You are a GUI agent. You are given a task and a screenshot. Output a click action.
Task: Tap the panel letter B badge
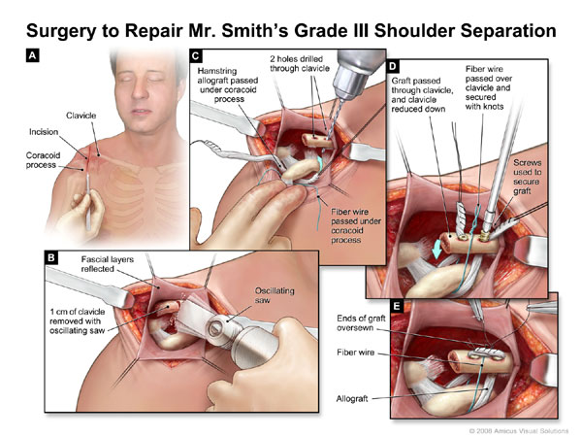tap(31, 257)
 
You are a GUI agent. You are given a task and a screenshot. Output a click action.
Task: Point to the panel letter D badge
tap(393, 66)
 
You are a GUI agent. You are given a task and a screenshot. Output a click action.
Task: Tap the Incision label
tap(35, 131)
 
